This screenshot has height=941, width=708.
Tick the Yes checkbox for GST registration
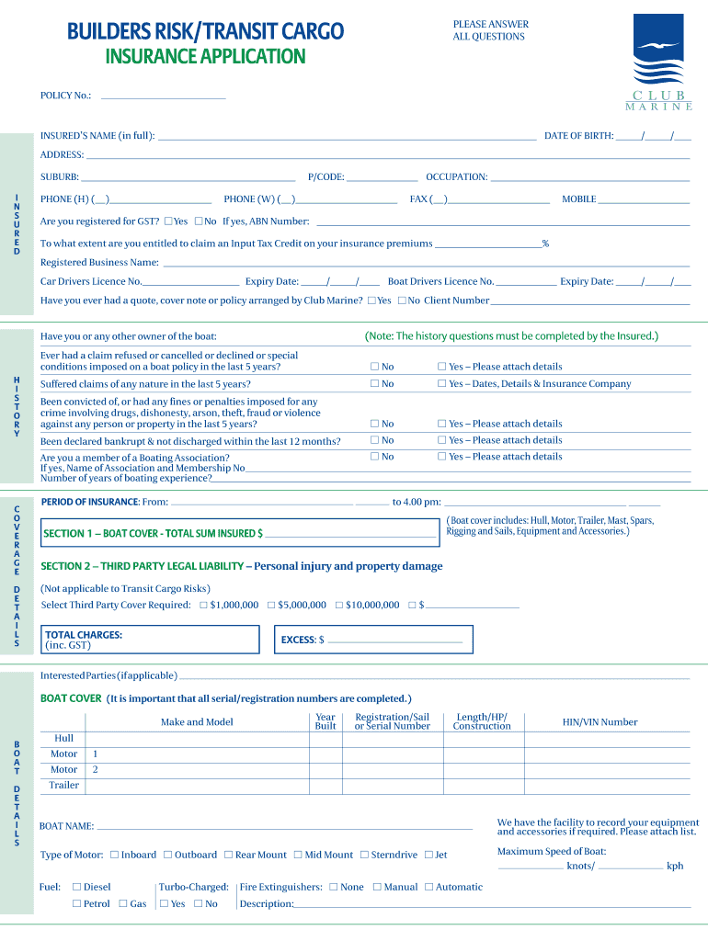point(168,221)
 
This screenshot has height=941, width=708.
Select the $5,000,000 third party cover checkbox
point(271,605)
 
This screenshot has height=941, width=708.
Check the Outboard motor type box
point(168,855)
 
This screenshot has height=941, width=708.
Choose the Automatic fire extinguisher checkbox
point(428,887)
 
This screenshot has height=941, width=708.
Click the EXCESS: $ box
point(374,640)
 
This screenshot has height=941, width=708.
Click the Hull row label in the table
point(63,738)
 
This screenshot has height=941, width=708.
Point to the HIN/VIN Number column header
point(600,722)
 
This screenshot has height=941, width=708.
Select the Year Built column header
point(325,722)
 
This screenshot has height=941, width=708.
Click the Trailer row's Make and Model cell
point(197,786)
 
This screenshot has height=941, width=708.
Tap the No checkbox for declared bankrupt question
point(374,440)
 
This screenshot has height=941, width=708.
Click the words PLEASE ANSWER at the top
point(490,24)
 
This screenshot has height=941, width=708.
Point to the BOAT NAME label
point(66,826)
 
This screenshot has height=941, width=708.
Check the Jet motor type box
point(428,855)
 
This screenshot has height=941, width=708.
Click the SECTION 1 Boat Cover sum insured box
point(240,533)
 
